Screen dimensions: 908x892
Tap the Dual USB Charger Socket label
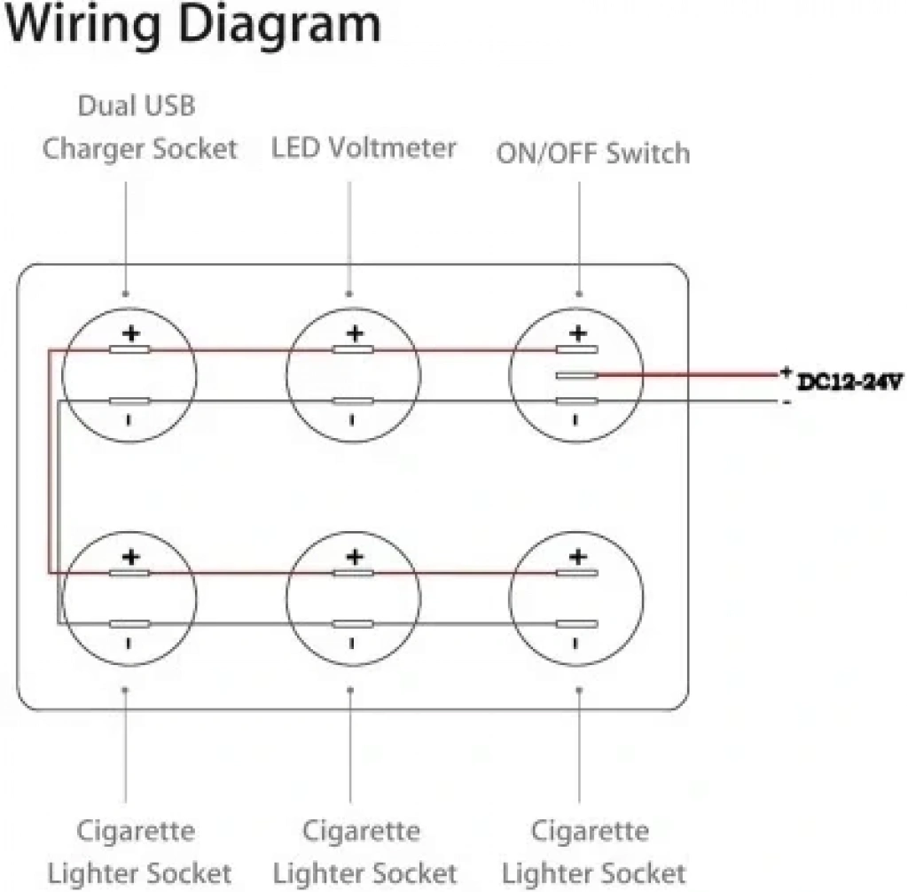[139, 127]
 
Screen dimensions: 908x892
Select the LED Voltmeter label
[364, 148]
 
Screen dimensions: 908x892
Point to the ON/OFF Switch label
[593, 153]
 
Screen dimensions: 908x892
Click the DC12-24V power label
[849, 382]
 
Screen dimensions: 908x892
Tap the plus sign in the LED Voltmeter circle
[355, 333]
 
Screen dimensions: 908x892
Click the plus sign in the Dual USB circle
[131, 333]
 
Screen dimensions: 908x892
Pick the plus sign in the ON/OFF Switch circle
[578, 333]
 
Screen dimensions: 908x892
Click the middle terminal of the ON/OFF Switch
[576, 375]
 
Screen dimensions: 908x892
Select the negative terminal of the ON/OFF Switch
[576, 401]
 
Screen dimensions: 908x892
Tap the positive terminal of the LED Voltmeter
[353, 349]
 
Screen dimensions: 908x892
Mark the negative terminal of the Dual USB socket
[129, 401]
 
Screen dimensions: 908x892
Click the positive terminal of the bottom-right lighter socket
[576, 573]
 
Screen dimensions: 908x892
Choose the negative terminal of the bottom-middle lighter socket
[353, 624]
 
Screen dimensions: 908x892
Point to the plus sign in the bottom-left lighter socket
[131, 557]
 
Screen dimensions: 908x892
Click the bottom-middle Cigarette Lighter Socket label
[364, 852]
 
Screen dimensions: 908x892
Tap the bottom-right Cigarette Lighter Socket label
[593, 852]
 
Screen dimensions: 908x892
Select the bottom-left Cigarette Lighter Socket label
[139, 852]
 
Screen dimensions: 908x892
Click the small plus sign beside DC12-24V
[786, 372]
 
